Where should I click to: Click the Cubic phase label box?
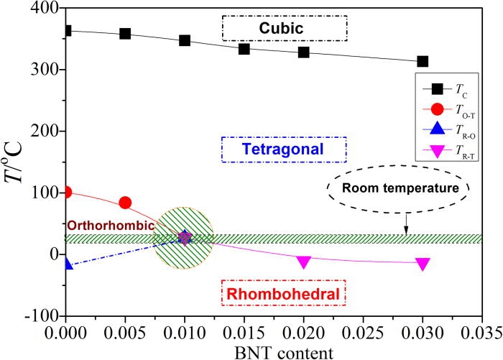pos(285,28)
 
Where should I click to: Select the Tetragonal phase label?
pos(285,149)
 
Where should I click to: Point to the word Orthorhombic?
pos(111,225)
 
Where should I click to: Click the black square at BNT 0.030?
pos(423,62)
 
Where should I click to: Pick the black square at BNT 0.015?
pos(244,49)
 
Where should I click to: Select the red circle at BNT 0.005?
pos(125,203)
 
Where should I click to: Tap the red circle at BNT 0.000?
pos(66,192)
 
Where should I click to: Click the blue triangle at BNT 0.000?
pos(66,264)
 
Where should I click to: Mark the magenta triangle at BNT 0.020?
pos(303,262)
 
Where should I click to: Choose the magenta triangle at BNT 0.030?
pos(423,264)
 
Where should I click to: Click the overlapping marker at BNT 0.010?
pos(185,237)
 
